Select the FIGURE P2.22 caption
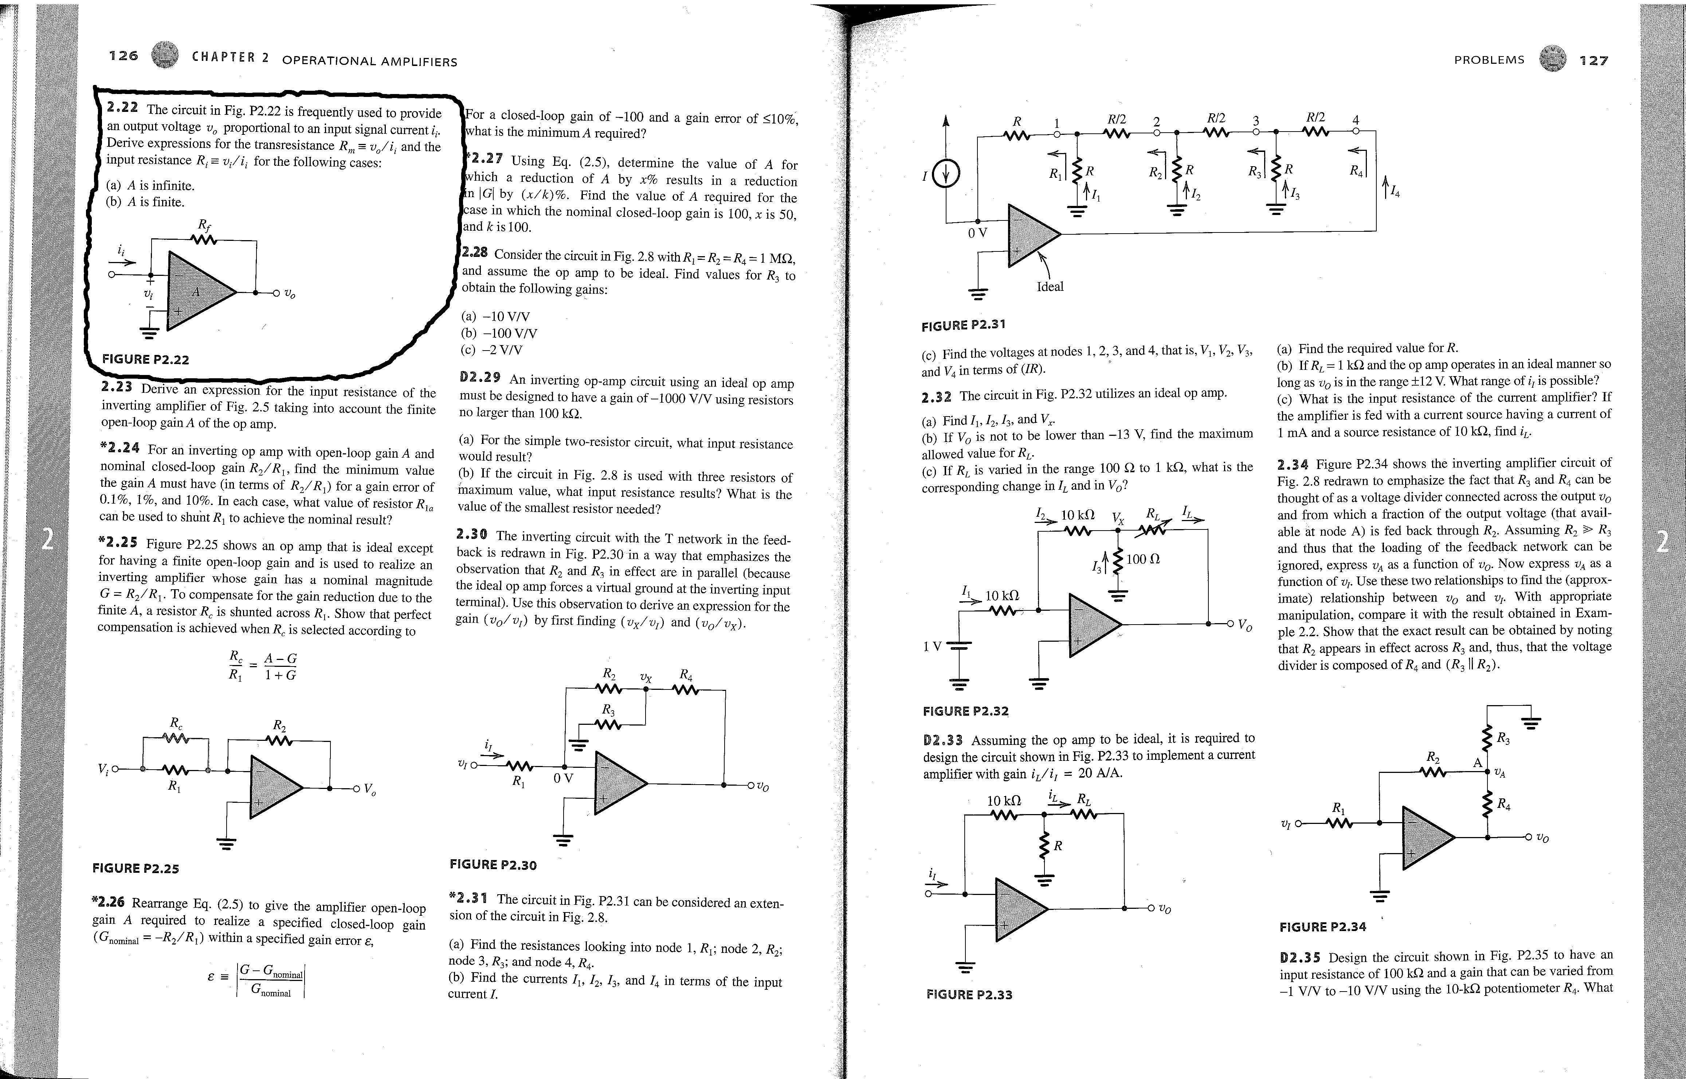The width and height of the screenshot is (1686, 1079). tap(146, 359)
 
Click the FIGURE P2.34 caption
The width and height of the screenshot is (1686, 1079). tap(1322, 927)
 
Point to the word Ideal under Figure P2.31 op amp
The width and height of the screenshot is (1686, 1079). tap(1049, 286)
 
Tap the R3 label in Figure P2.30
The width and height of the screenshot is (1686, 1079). tap(609, 711)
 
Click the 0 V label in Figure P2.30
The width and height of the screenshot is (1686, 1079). tap(563, 778)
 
